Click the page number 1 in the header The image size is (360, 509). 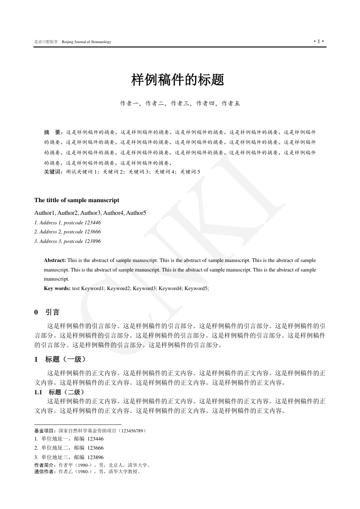pos(318,42)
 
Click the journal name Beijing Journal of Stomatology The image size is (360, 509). pos(86,42)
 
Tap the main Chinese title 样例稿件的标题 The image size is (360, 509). pos(178,80)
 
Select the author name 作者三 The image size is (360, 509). pos(180,103)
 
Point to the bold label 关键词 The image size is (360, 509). pos(53,172)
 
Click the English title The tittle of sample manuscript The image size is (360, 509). pos(77,200)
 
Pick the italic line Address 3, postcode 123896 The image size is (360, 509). pos(68,241)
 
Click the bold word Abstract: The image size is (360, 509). pos(55,260)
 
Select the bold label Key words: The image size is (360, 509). pos(57,288)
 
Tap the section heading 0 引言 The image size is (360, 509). pos(47,312)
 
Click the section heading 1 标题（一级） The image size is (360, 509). pos(60,359)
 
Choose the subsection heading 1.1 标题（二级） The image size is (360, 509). pos(59,392)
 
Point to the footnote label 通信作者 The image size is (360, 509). pos(44,471)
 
